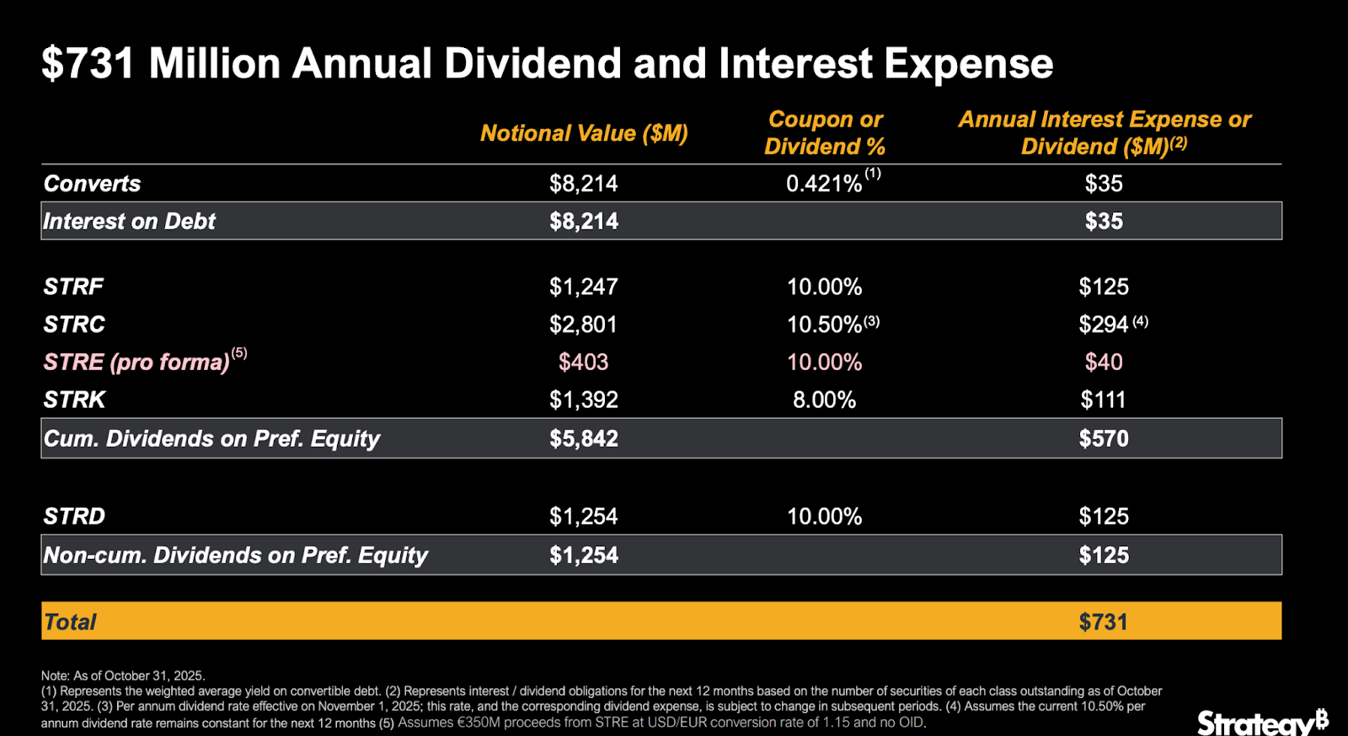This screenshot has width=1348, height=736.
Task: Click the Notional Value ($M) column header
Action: click(x=584, y=133)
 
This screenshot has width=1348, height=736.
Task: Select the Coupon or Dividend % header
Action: click(x=825, y=133)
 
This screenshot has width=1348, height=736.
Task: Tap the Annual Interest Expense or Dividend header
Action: click(x=1104, y=133)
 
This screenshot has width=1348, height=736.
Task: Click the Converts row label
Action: click(x=92, y=184)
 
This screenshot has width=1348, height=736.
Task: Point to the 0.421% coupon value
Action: click(x=824, y=184)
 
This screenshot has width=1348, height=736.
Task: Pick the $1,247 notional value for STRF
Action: click(x=584, y=287)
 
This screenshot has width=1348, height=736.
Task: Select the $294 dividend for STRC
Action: click(x=1104, y=325)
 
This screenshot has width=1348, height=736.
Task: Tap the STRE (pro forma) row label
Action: click(x=136, y=362)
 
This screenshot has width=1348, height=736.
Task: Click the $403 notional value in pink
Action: click(x=584, y=362)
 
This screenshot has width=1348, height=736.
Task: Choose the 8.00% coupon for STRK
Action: click(x=825, y=400)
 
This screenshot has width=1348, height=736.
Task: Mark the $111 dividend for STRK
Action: click(x=1104, y=400)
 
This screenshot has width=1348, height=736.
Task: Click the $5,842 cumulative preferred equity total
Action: click(x=584, y=438)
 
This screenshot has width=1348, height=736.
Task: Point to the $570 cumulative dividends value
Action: click(x=1104, y=438)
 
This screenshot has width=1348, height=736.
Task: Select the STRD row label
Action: click(x=74, y=516)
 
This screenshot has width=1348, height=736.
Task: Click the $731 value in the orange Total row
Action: click(x=1104, y=622)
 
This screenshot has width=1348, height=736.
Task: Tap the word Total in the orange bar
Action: click(x=70, y=622)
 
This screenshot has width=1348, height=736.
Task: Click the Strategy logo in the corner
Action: click(x=1262, y=722)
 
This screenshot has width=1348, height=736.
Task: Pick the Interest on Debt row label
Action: click(x=130, y=221)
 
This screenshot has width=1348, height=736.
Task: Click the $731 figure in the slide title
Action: click(x=88, y=64)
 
